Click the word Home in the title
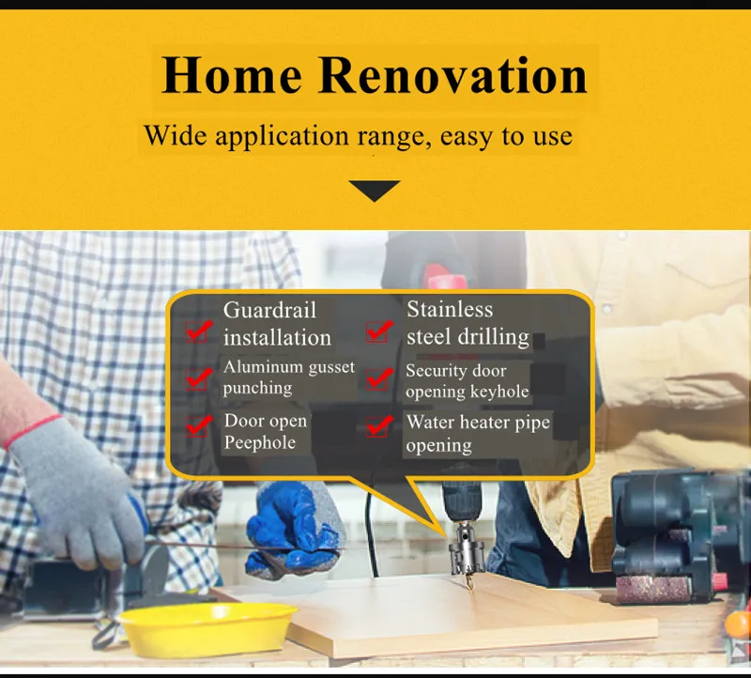[231, 75]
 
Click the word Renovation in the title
[452, 75]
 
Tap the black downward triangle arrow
[374, 191]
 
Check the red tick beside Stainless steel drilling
[379, 331]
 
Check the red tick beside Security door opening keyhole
[379, 378]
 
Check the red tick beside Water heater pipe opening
[379, 425]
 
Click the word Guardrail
[269, 310]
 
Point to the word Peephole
[260, 442]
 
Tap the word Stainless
[450, 309]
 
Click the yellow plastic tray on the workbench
[207, 628]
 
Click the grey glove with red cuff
[77, 494]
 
